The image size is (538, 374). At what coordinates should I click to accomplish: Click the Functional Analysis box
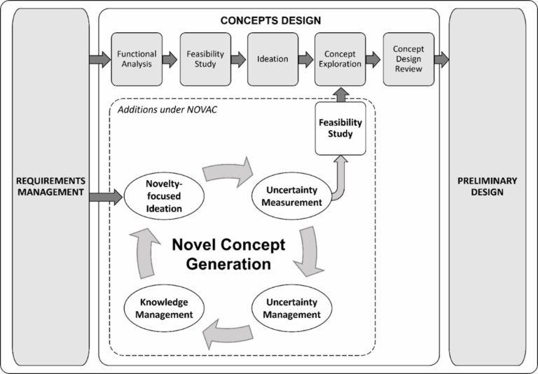click(x=137, y=59)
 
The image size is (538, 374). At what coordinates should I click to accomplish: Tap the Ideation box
click(x=273, y=59)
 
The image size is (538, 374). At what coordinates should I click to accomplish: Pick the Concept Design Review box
click(x=408, y=59)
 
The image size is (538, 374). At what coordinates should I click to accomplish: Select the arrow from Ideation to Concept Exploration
click(x=306, y=60)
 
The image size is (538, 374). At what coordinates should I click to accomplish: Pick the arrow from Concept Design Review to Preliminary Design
click(x=441, y=60)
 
